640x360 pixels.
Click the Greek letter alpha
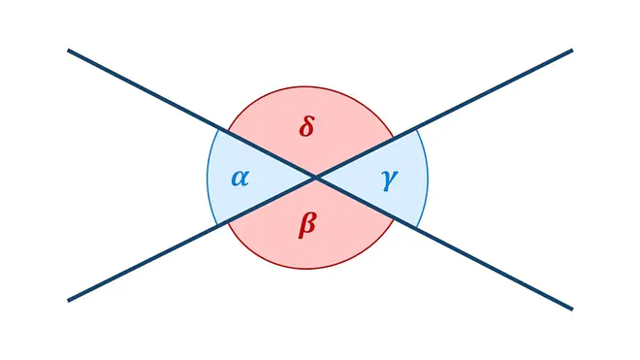[240, 179]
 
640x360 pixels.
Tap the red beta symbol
[307, 225]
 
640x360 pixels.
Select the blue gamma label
[390, 180]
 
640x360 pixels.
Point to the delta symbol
[306, 126]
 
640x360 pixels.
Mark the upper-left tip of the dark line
[68, 50]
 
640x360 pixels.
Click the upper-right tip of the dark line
[572, 50]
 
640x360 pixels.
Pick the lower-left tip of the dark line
[68, 301]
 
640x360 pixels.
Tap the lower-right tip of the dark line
[572, 309]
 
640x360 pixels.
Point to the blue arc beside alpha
[208, 178]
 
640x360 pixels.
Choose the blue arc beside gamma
[428, 178]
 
